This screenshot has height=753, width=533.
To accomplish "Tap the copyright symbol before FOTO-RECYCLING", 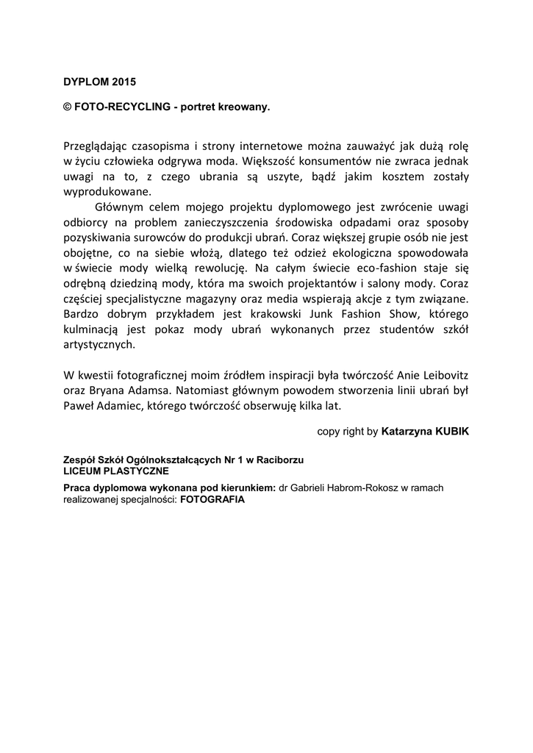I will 67,107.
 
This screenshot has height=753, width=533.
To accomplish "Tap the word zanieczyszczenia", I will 232,222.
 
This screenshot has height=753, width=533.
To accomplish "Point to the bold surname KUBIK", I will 448,432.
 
